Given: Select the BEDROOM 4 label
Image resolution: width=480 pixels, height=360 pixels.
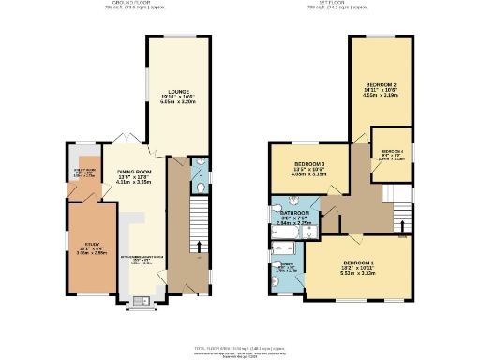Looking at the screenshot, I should click(x=392, y=151).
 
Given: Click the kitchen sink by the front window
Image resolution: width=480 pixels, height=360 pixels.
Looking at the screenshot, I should click(x=142, y=301).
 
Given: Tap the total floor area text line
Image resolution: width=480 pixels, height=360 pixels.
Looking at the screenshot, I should click(x=240, y=349).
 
